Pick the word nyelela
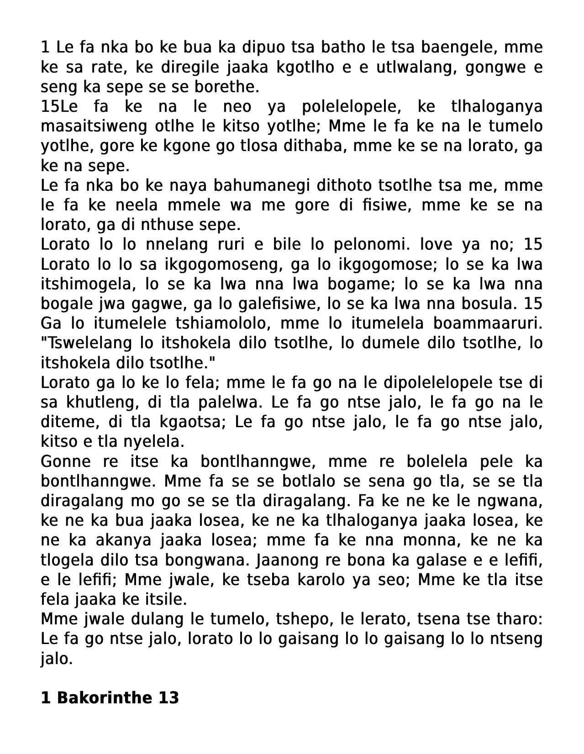coord(150,441)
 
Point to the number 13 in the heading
coord(168,697)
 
